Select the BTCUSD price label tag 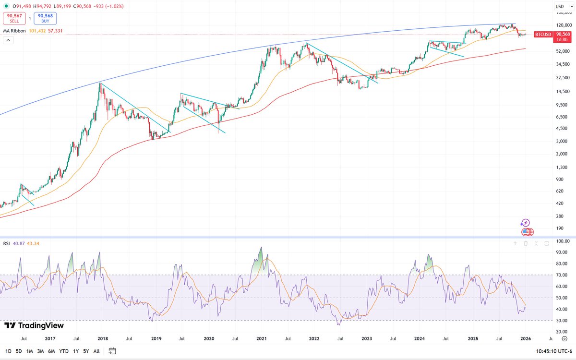pos(542,34)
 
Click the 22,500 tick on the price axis pos(561,77)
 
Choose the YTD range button pos(63,351)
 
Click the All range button pos(96,351)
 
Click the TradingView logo pos(24,326)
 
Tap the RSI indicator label pos(7,243)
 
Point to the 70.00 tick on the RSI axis pos(563,275)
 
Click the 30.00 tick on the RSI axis pos(563,321)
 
